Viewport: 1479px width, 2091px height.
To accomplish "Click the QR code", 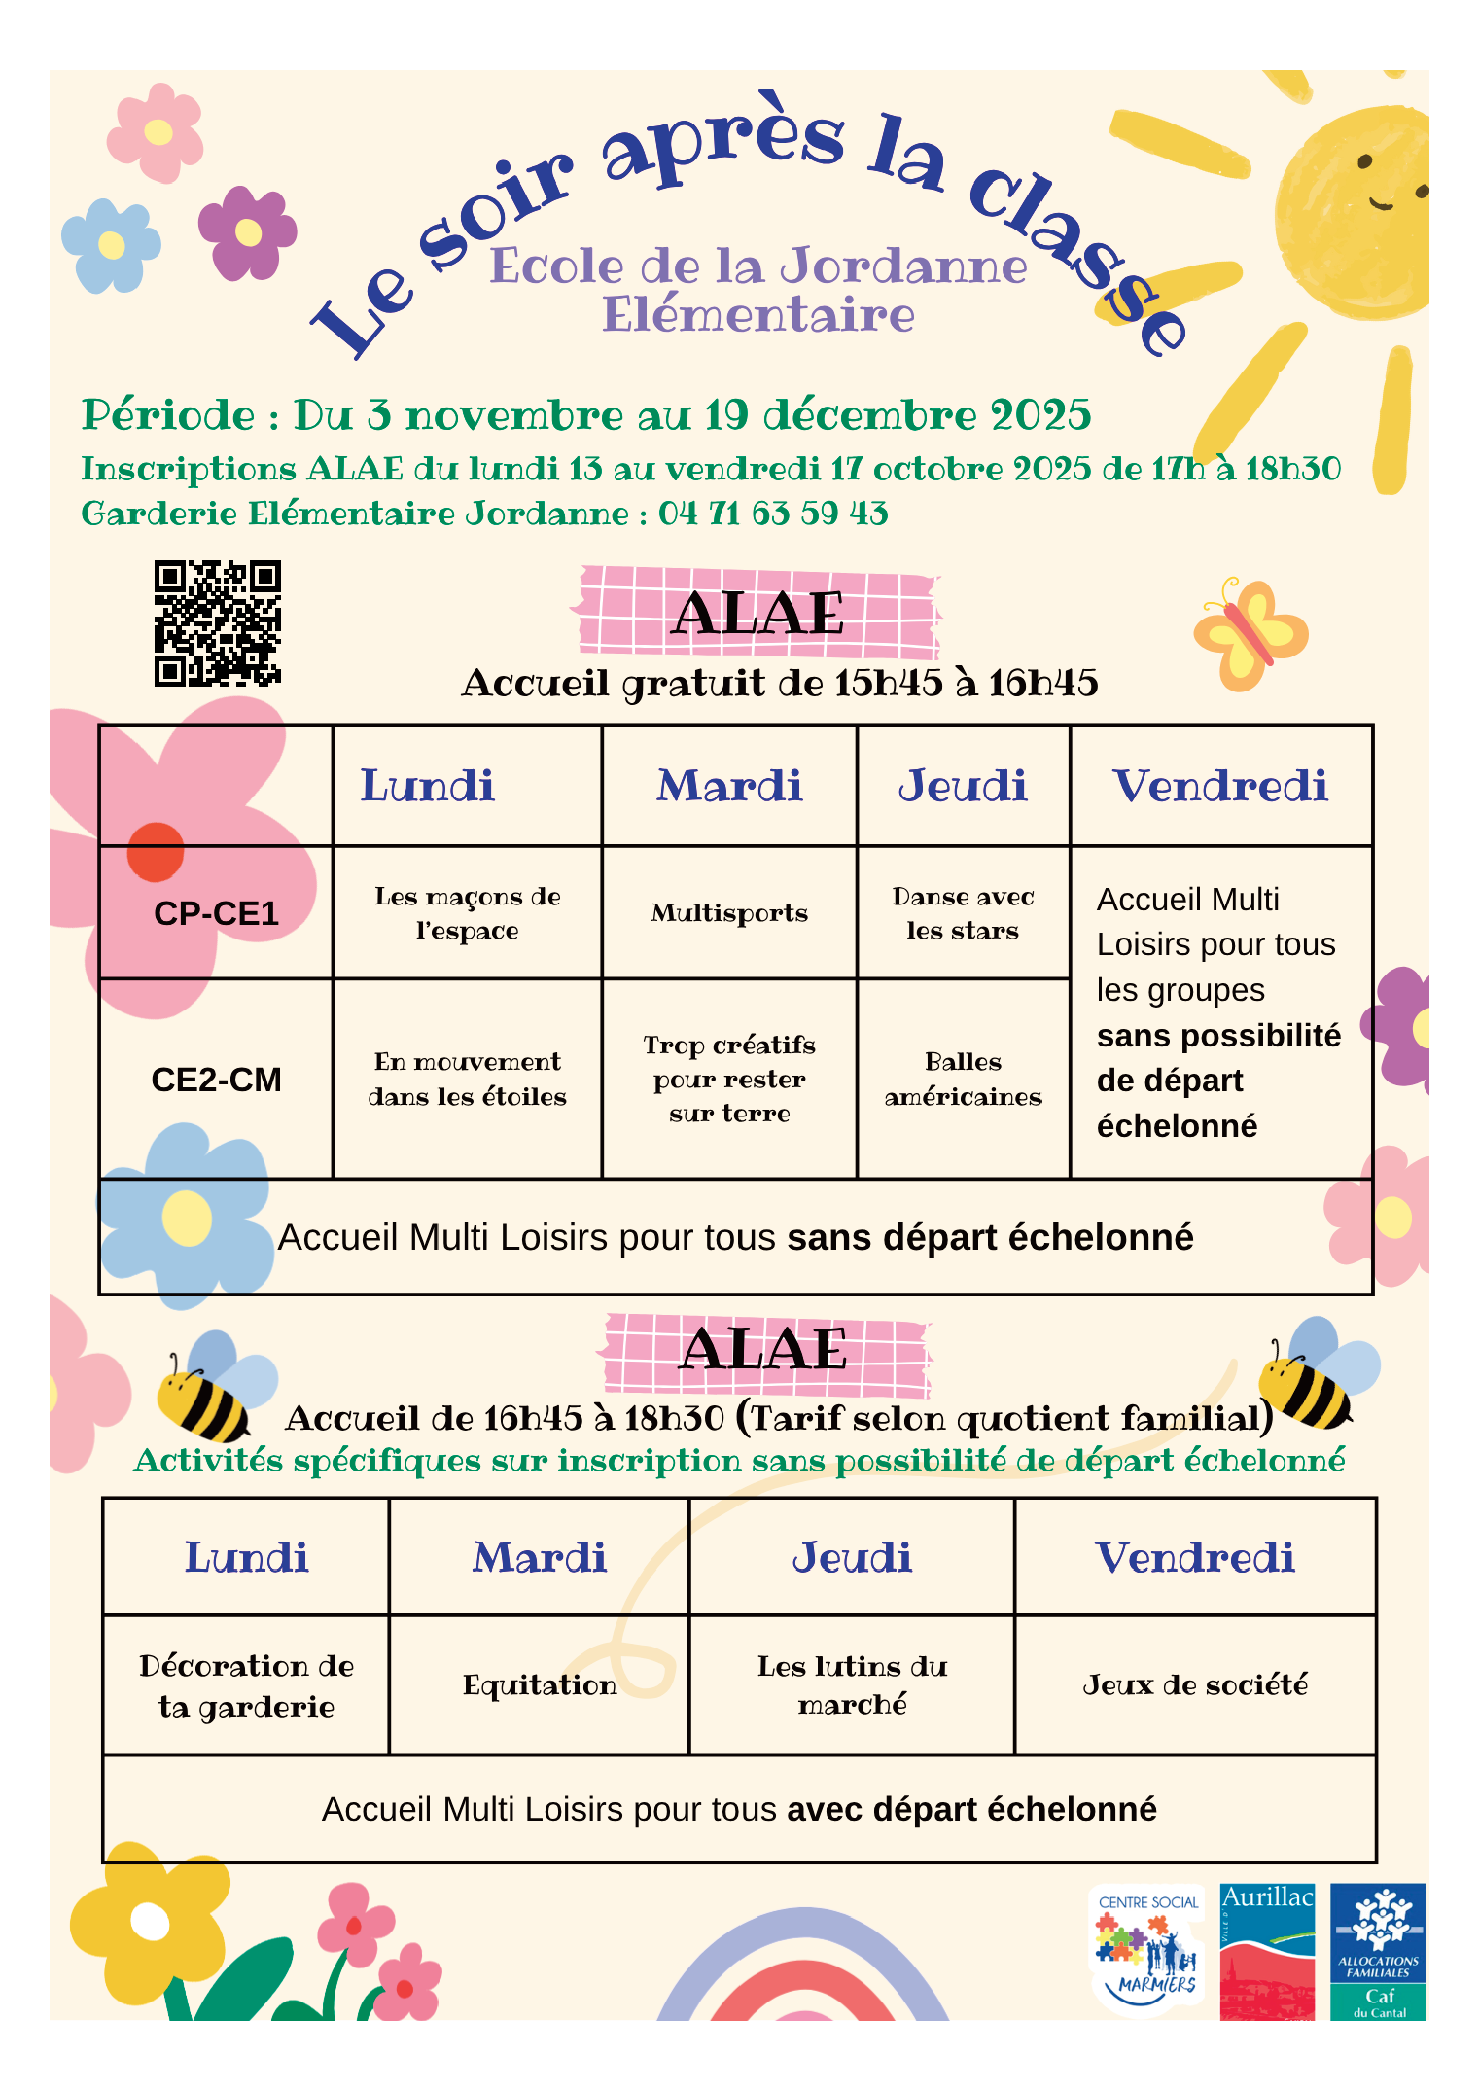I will tap(218, 623).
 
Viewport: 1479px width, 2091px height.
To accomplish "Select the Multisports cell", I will tap(729, 912).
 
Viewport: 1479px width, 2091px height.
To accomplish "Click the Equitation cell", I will tap(540, 1684).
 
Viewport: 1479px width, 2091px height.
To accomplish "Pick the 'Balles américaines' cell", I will tap(963, 1079).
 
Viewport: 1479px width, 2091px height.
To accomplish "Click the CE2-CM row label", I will tap(216, 1080).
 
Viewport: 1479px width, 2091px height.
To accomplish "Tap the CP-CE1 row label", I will tap(216, 913).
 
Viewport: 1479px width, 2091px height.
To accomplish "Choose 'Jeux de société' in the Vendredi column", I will tap(1195, 1684).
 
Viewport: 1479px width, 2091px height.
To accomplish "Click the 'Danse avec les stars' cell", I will tap(963, 912).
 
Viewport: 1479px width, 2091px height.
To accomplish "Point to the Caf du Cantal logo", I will tap(1378, 1951).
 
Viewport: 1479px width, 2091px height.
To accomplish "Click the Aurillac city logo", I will tap(1267, 1951).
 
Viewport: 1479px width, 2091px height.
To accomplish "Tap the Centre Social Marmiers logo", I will tap(1148, 1951).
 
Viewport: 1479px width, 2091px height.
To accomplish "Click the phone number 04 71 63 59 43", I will tap(773, 513).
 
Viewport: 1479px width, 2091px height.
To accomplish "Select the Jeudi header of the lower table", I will tap(852, 1557).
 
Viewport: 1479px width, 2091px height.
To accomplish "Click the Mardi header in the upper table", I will tap(729, 786).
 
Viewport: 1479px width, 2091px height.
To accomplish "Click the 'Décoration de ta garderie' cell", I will tap(246, 1685).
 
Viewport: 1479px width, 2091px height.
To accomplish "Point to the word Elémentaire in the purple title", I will tap(758, 314).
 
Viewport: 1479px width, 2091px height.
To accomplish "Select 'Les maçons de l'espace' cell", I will tap(468, 912).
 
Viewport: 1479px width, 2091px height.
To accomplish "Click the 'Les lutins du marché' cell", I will tap(852, 1684).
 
